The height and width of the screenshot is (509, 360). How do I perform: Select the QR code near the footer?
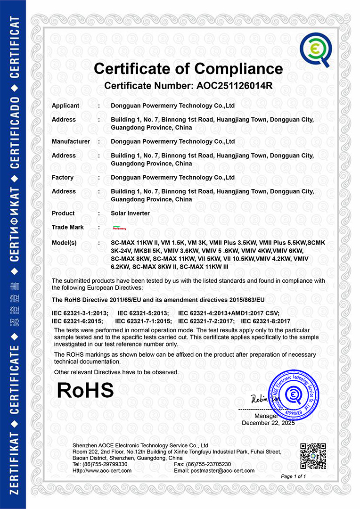point(313,456)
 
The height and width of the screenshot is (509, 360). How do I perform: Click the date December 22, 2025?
point(268,423)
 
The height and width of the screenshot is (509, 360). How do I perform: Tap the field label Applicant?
point(65,106)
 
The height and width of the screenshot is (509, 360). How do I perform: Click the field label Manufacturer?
point(71,141)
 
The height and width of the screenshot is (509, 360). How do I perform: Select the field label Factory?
point(63,177)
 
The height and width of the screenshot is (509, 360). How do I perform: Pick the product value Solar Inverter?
point(130,213)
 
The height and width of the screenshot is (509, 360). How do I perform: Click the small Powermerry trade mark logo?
point(120,228)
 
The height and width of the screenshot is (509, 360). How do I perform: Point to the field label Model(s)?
point(64,242)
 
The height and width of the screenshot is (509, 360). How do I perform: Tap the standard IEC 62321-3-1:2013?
point(80,313)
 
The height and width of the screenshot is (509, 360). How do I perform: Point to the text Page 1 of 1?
point(293,476)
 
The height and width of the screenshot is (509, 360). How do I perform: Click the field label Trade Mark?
point(68,227)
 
